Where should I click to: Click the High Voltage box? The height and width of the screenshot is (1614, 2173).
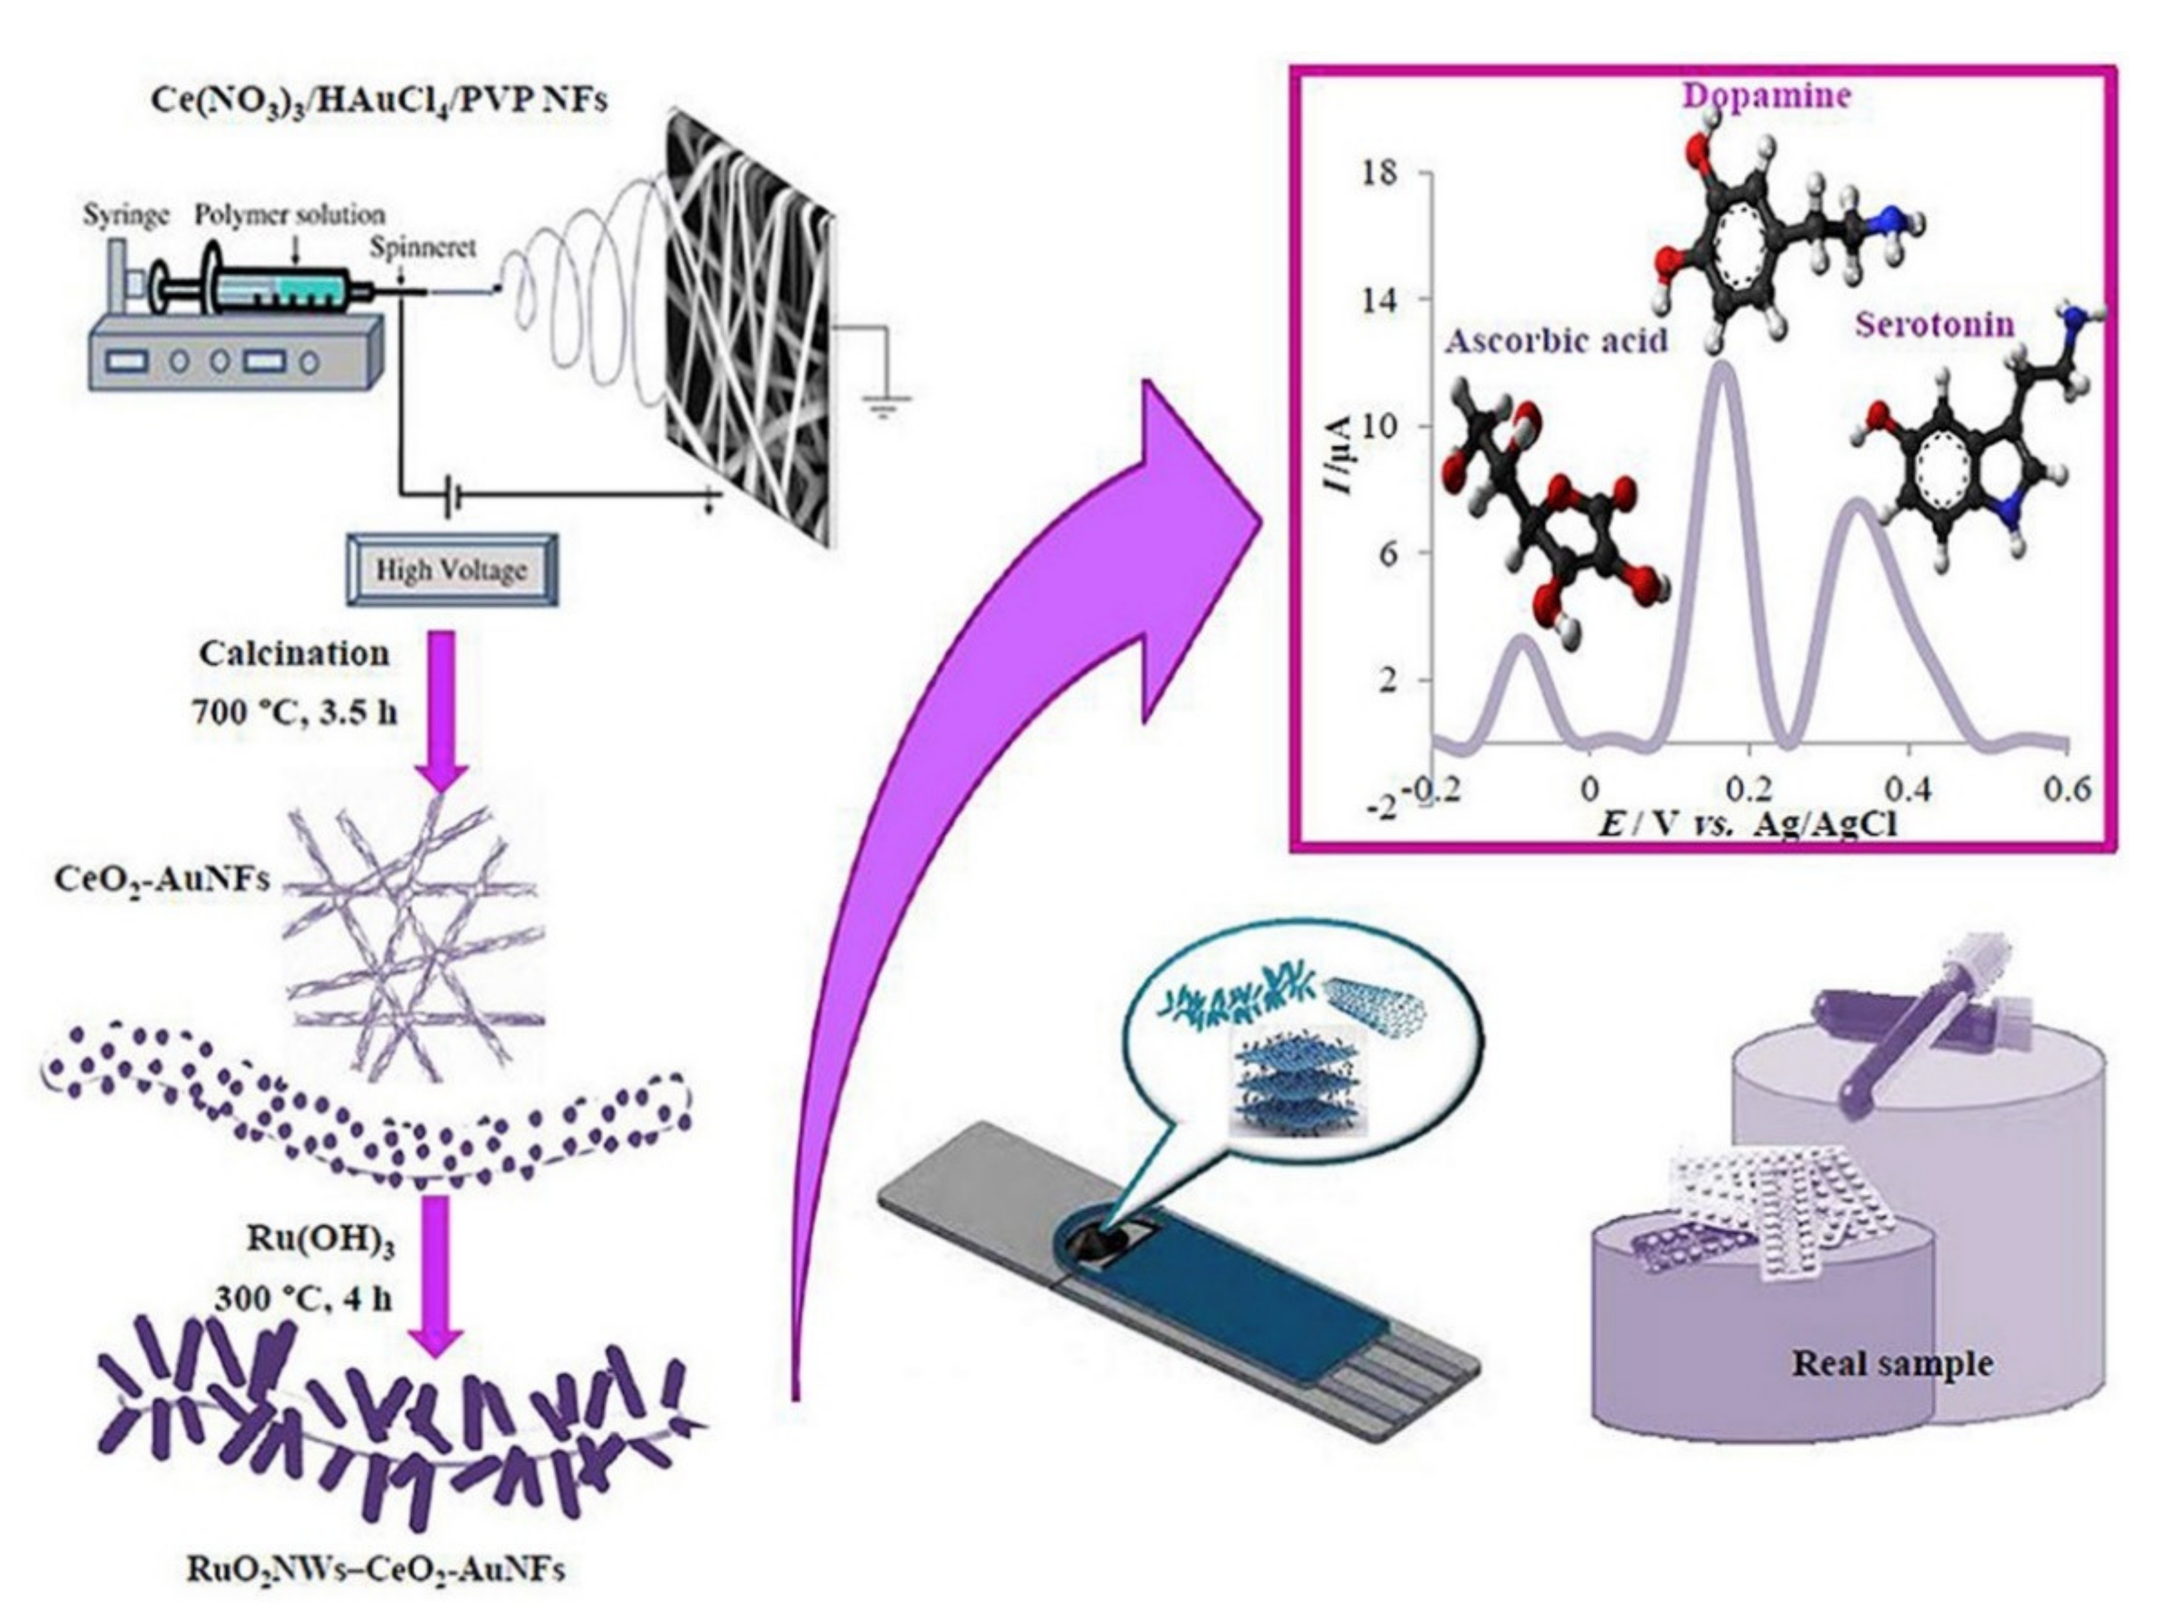[x=452, y=570]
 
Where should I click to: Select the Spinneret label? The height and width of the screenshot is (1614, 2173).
[x=422, y=248]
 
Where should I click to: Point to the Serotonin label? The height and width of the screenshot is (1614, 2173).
[x=1935, y=325]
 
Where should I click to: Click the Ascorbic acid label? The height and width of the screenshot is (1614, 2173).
[x=1556, y=342]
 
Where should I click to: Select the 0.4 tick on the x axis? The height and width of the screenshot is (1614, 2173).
[x=1907, y=789]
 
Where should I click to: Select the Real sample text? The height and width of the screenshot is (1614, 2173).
[x=1892, y=1364]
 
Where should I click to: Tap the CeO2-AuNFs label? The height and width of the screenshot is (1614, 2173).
[x=161, y=879]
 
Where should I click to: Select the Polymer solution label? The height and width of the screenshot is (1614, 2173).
[x=290, y=215]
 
